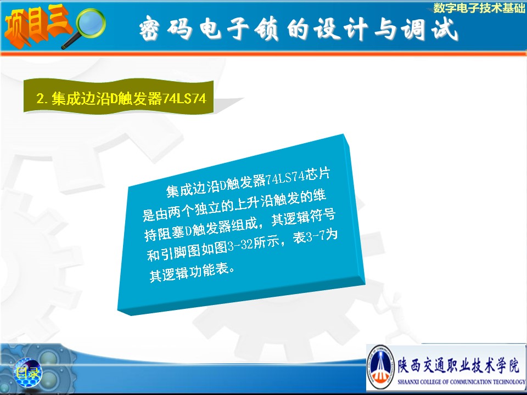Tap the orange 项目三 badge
tap(38, 25)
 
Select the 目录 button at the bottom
tap(28, 373)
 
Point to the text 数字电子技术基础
tap(479, 8)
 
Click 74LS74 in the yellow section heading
tap(184, 99)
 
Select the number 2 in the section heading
tap(40, 99)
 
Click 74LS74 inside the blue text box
tap(285, 178)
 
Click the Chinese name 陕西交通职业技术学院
tap(458, 365)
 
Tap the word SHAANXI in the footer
tap(408, 382)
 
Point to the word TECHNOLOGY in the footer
tap(509, 382)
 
